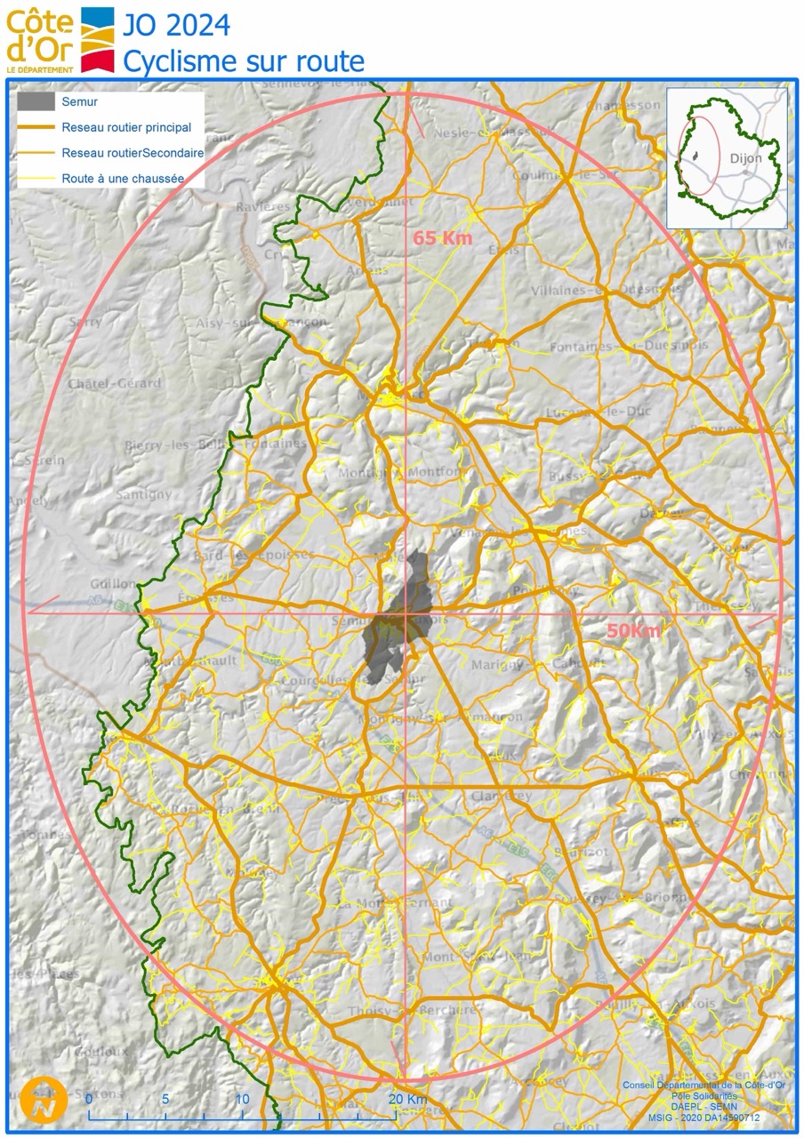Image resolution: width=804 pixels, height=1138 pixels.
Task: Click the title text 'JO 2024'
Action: coord(176,25)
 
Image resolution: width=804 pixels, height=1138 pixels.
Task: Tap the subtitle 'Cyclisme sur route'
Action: coord(243,61)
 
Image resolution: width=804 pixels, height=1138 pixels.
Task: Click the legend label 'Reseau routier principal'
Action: coord(125,127)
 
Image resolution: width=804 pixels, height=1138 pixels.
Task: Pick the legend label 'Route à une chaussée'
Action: coord(123,178)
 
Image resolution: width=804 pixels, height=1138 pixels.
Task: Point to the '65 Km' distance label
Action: coord(443,238)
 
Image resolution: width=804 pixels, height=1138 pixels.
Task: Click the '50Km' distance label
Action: coord(634,631)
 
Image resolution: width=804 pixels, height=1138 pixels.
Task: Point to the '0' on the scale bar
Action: coord(89,1099)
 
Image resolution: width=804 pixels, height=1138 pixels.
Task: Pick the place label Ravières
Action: coord(263,206)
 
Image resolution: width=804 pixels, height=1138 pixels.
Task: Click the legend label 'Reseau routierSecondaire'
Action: coord(133,153)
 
